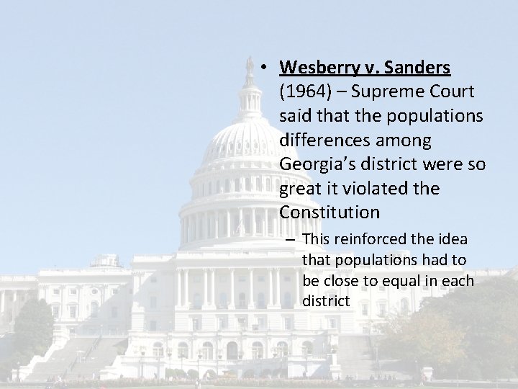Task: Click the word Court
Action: coord(449,92)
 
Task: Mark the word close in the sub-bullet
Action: coord(342,280)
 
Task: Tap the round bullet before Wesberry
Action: coord(265,68)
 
